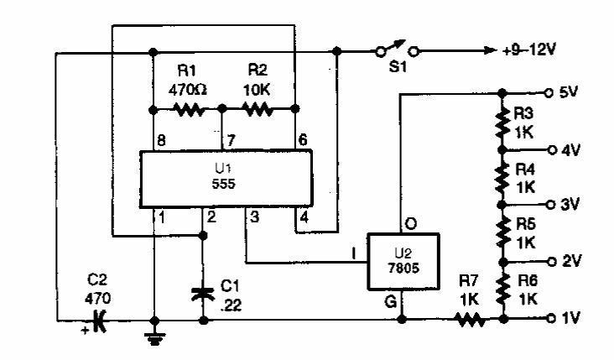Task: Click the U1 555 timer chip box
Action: (x=225, y=178)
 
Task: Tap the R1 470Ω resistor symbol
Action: (x=188, y=109)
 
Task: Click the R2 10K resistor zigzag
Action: (x=255, y=109)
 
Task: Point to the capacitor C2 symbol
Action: (x=101, y=320)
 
